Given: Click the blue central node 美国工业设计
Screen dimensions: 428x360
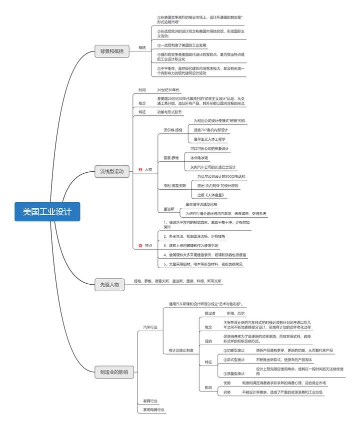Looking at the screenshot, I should coord(47,211).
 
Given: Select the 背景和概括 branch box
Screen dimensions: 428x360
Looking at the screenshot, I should coord(112,51).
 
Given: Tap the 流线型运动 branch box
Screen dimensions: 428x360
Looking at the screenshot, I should coord(112,172).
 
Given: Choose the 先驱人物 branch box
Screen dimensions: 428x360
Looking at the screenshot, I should coord(109,285).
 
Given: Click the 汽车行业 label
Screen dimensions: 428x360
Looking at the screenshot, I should coord(150,327).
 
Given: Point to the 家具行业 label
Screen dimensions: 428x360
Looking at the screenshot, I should coord(150,401).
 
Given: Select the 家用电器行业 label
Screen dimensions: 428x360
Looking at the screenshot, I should coord(153,410).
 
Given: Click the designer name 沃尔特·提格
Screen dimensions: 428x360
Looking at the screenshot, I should coord(173,130).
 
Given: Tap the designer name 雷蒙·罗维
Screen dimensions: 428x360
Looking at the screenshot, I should coord(171,158).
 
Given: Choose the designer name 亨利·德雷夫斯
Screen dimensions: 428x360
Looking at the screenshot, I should coord(174,185).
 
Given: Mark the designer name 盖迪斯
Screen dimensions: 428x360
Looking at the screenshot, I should coord(169,209).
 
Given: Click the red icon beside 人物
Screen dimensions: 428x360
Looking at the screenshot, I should coord(140,170).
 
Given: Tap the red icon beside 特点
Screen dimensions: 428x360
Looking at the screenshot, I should coord(140,245).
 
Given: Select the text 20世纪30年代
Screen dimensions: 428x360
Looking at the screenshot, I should coord(168,90).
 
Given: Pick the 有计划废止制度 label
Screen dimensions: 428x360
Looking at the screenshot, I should coord(181,350).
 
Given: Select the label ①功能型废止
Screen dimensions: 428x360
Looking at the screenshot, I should coord(234,350).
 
